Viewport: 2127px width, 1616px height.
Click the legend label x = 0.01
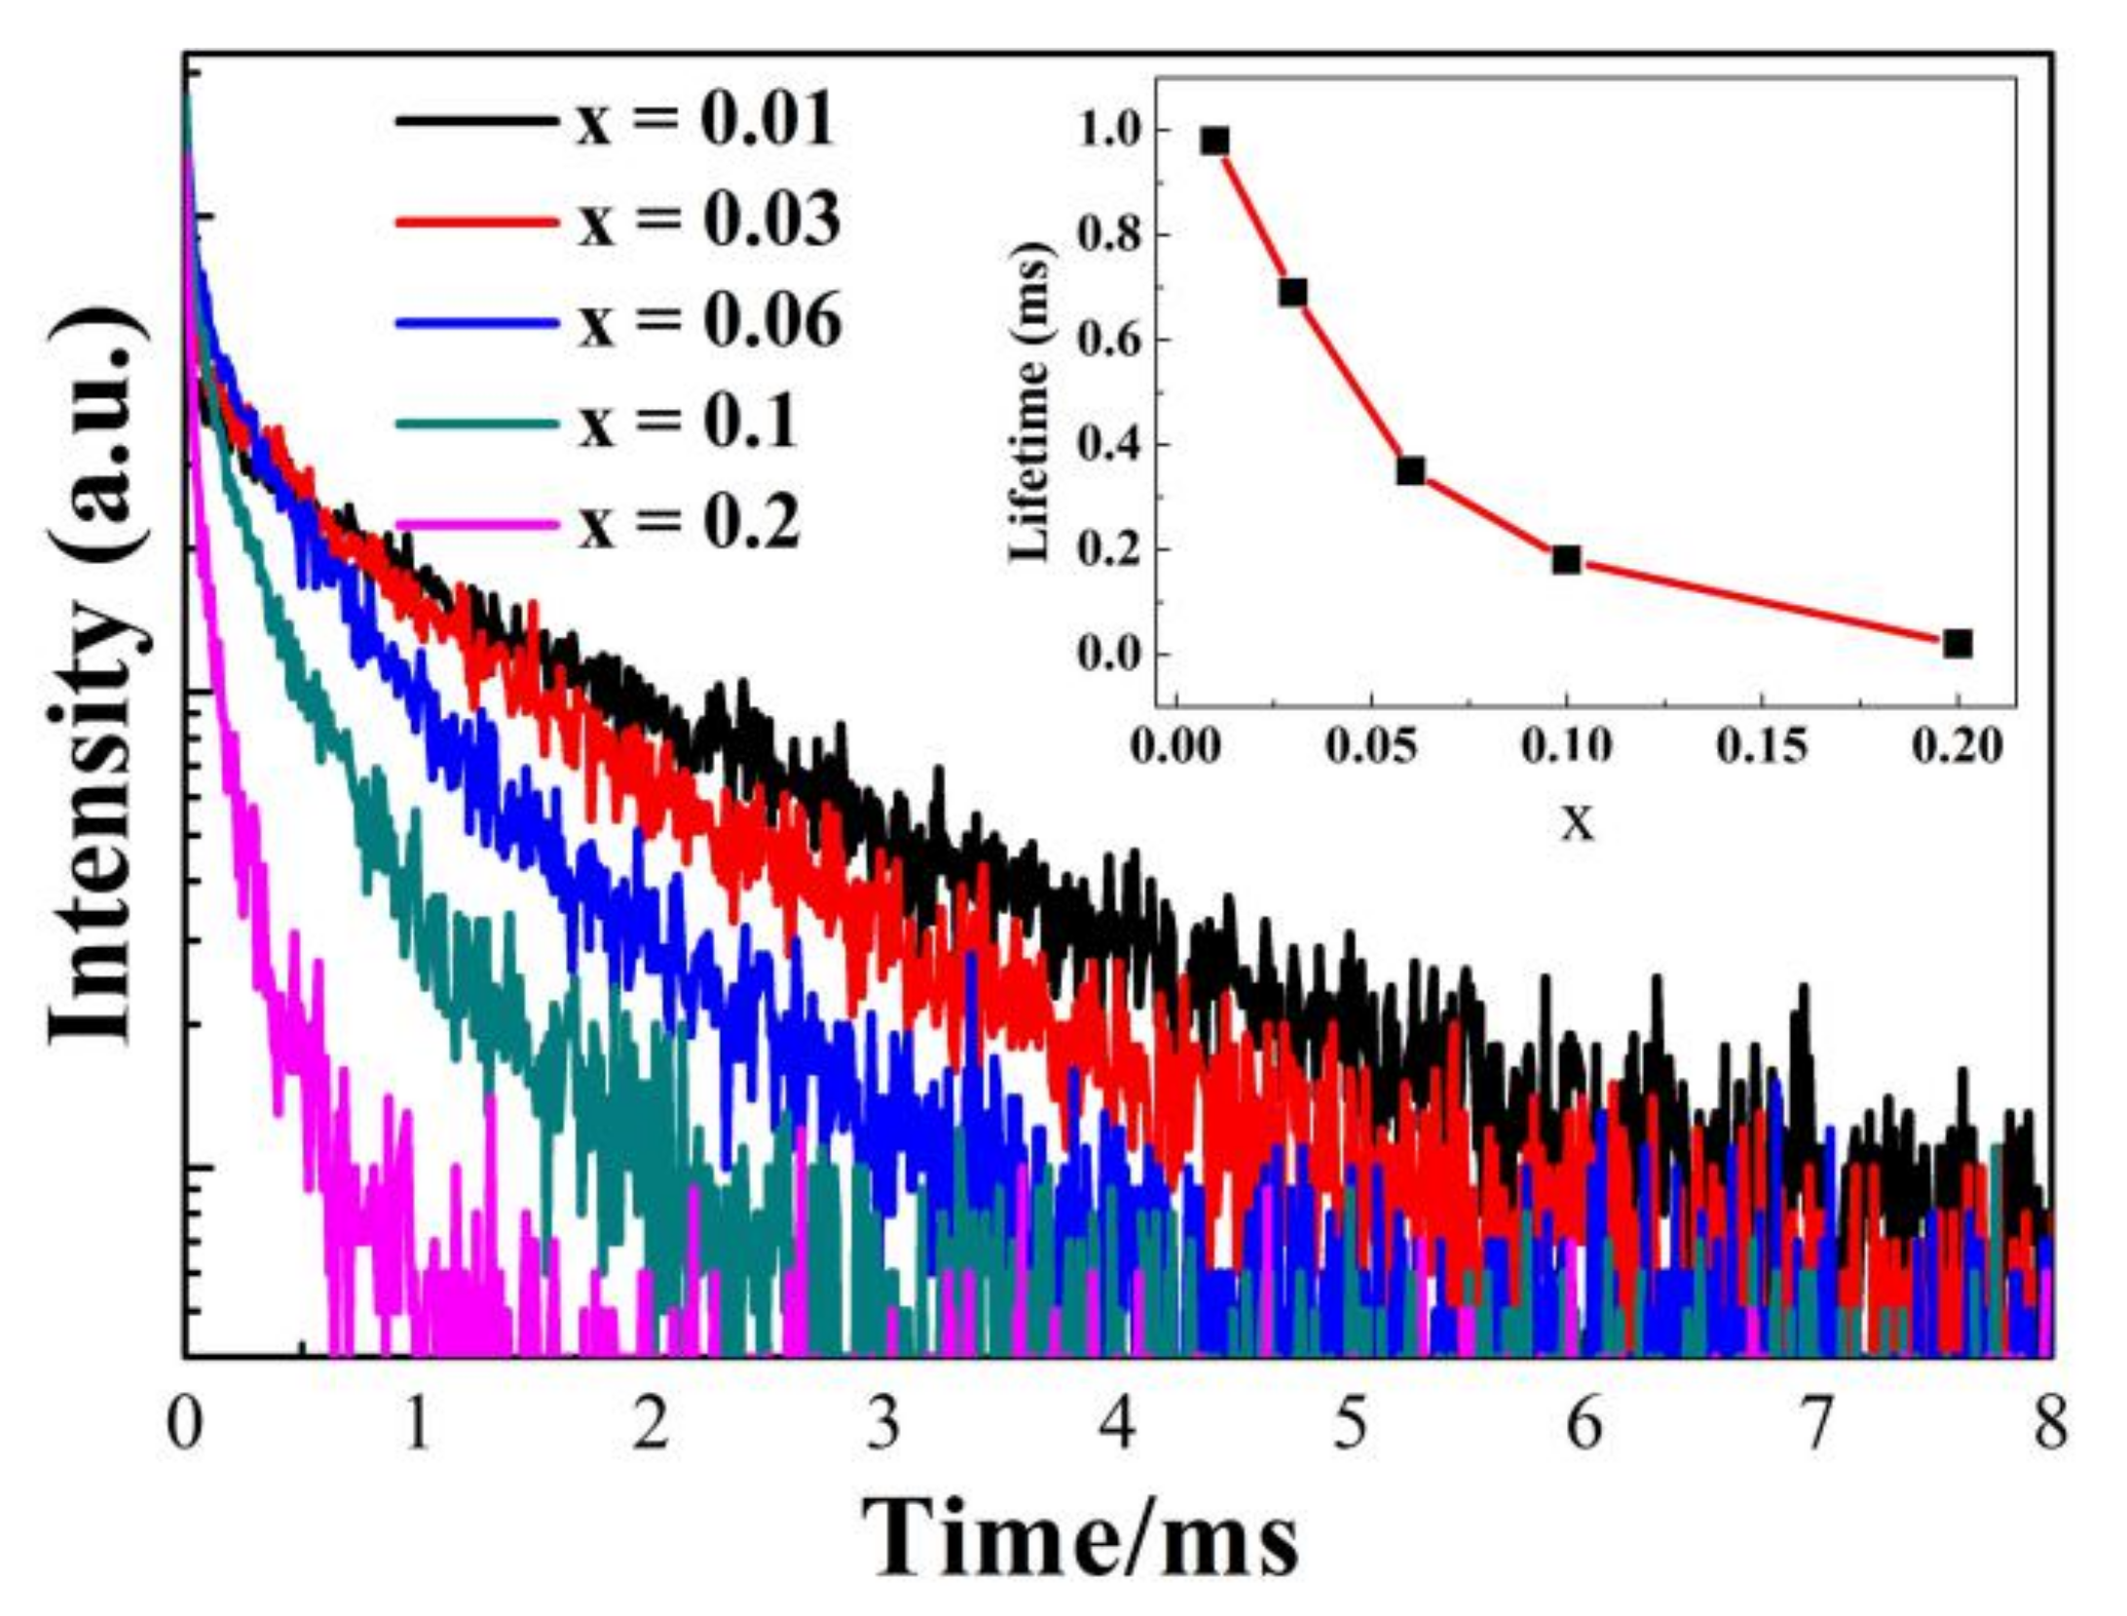(x=705, y=122)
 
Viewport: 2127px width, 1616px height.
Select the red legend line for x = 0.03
(x=477, y=221)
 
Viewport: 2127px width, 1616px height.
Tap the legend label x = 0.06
(x=710, y=321)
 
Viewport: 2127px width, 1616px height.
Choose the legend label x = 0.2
(x=689, y=523)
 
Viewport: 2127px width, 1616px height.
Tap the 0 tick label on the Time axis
(x=185, y=1425)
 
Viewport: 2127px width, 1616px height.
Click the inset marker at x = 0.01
(x=1214, y=141)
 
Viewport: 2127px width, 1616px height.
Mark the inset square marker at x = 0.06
(x=1410, y=471)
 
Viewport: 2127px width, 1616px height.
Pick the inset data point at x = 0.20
(x=1958, y=644)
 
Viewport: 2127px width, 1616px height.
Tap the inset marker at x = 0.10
(x=1566, y=560)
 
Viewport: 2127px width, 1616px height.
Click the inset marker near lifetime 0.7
(x=1292, y=292)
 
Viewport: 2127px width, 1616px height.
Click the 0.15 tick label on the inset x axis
(x=1762, y=747)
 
